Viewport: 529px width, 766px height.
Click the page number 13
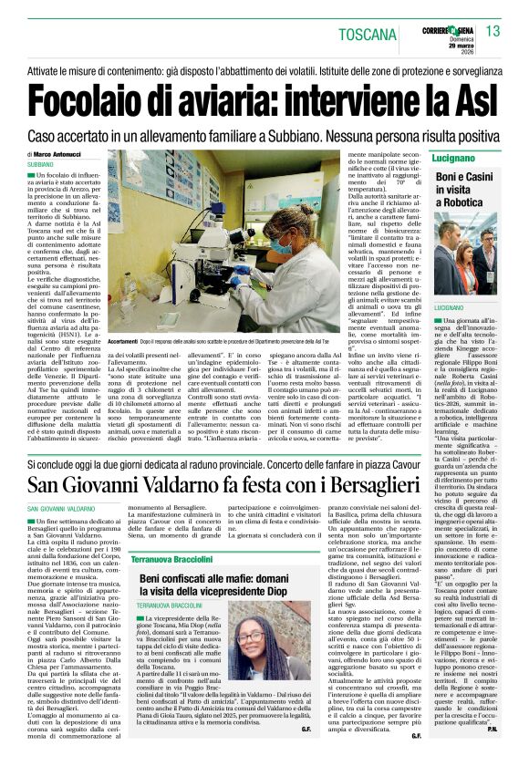click(x=493, y=31)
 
